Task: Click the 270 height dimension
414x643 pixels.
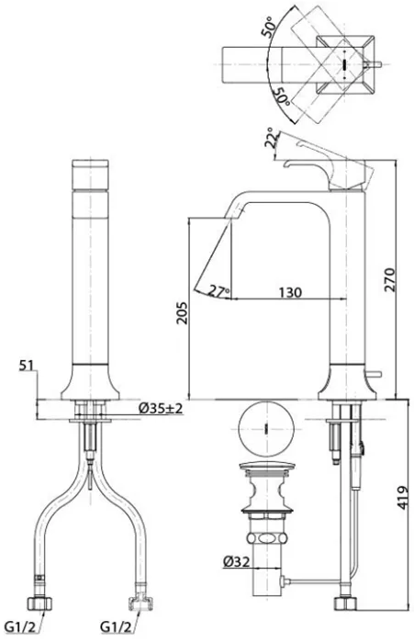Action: click(390, 279)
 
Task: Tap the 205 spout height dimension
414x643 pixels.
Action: click(182, 313)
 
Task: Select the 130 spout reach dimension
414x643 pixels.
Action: click(290, 292)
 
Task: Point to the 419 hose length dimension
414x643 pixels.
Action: click(403, 498)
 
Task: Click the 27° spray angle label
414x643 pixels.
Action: click(218, 291)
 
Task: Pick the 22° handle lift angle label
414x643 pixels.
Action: click(272, 138)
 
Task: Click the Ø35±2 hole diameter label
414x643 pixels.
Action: click(161, 409)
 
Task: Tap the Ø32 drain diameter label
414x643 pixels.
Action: click(237, 561)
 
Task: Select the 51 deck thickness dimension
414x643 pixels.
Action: click(28, 366)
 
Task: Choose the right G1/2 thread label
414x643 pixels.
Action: click(116, 627)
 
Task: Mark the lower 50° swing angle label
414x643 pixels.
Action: click(282, 96)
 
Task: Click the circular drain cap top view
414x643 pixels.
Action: click(266, 429)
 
